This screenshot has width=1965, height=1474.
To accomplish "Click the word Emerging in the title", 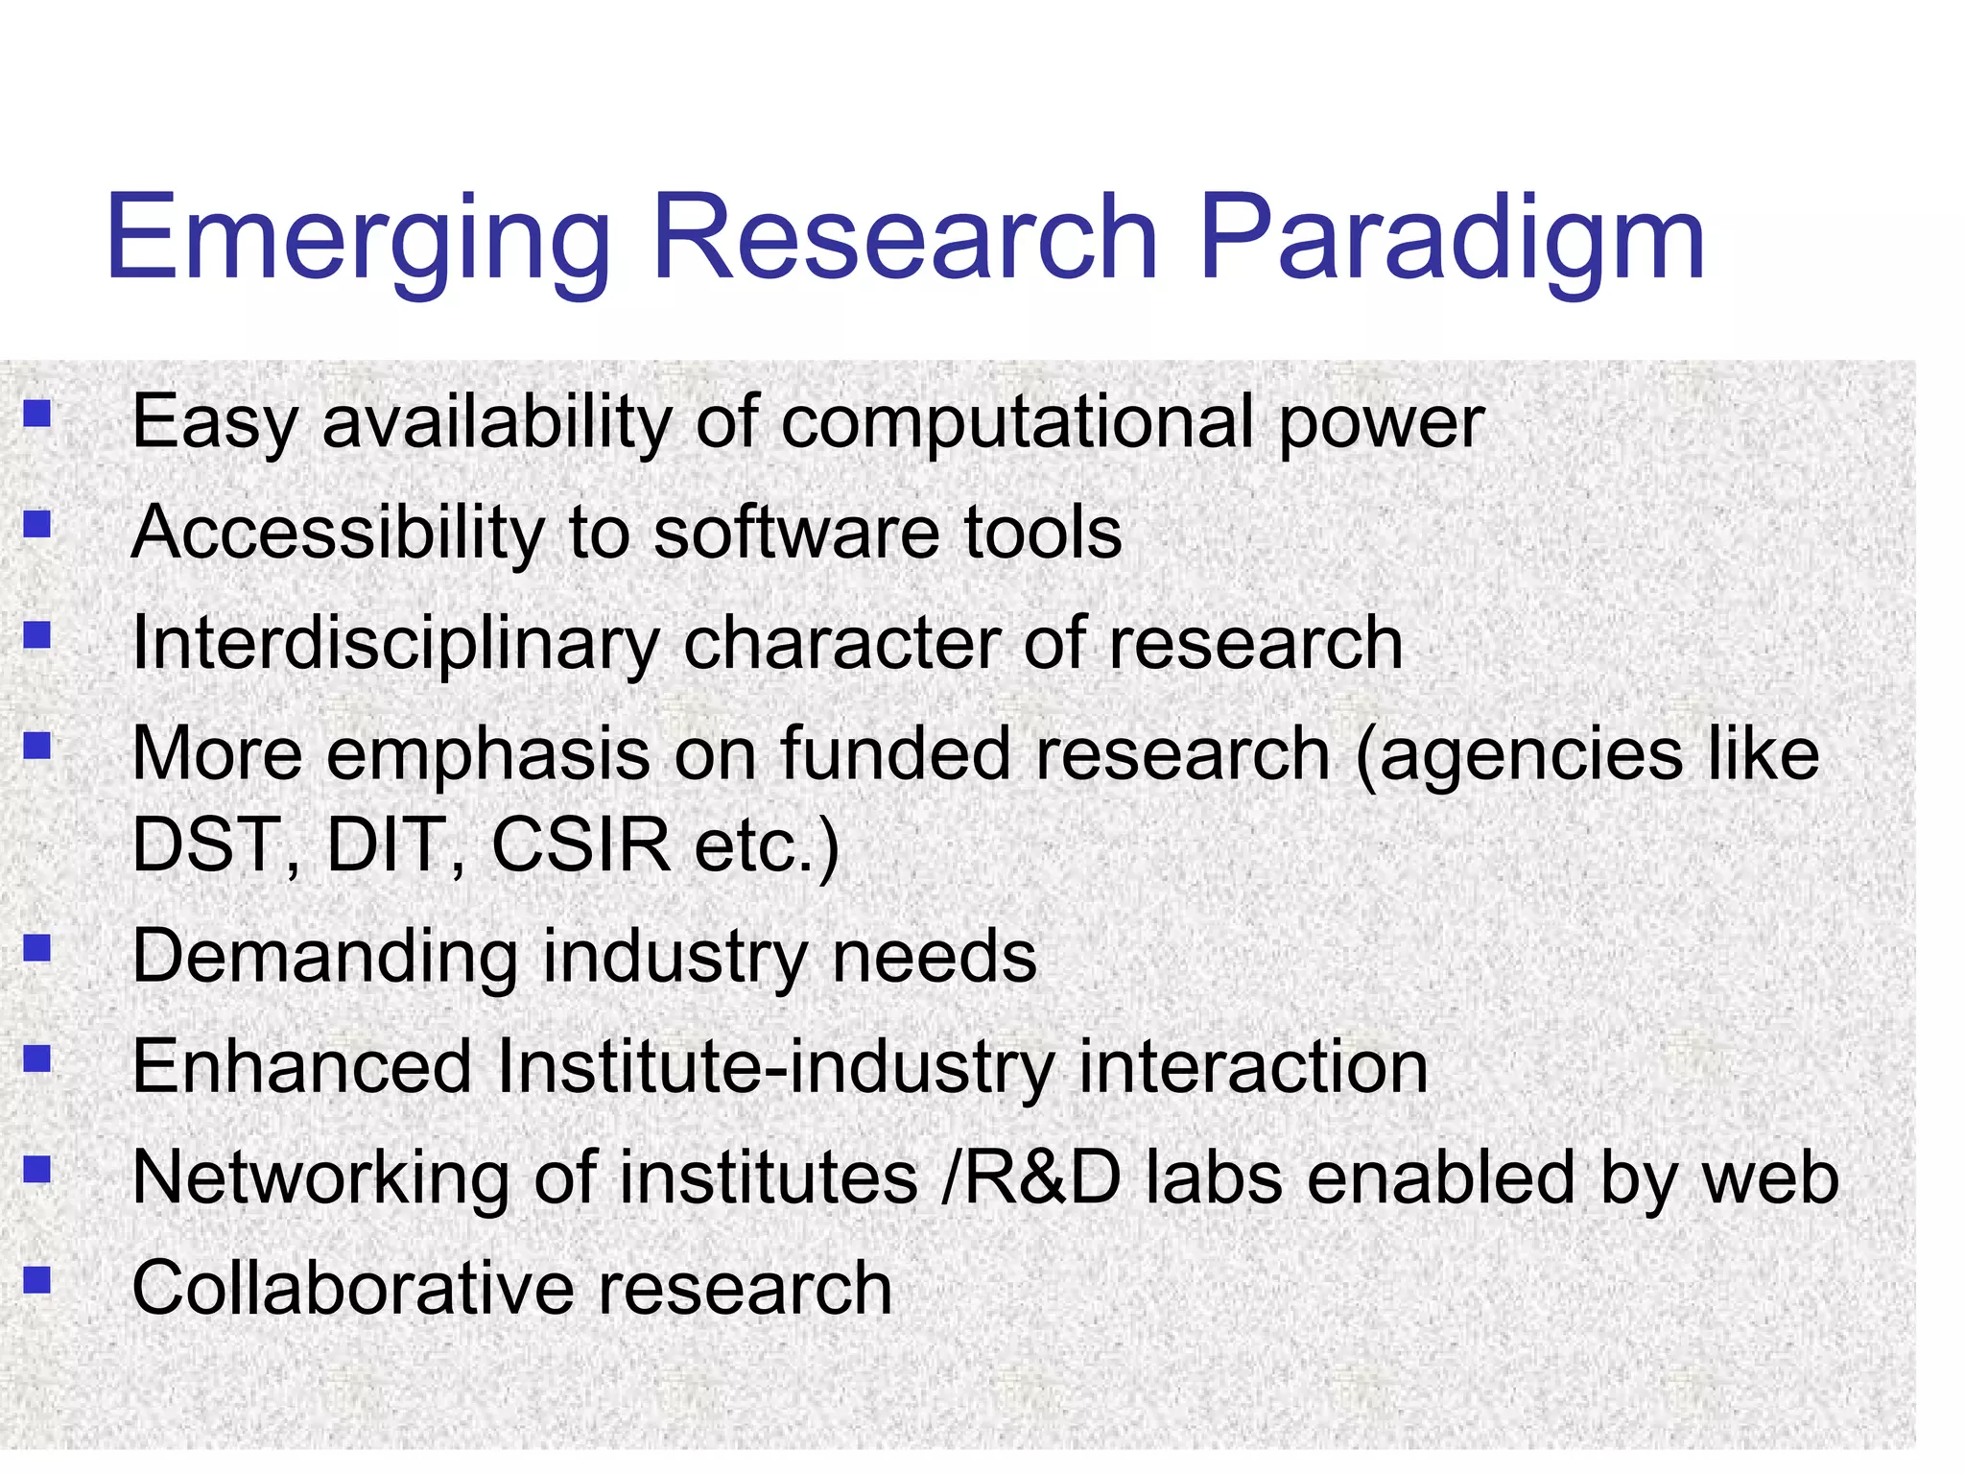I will click(358, 240).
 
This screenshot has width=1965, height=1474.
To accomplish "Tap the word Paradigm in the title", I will click(1452, 240).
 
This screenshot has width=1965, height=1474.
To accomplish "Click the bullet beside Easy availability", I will click(37, 414).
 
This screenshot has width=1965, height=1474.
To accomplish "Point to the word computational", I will click(1017, 423).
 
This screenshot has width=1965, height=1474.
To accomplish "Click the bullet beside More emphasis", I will click(37, 746).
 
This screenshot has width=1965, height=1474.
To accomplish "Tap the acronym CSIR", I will click(580, 844).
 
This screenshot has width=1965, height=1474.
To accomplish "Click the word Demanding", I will click(324, 958).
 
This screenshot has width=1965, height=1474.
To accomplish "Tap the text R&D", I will click(1041, 1177).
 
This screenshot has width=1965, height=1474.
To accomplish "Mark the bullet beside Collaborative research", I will click(37, 1280).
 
